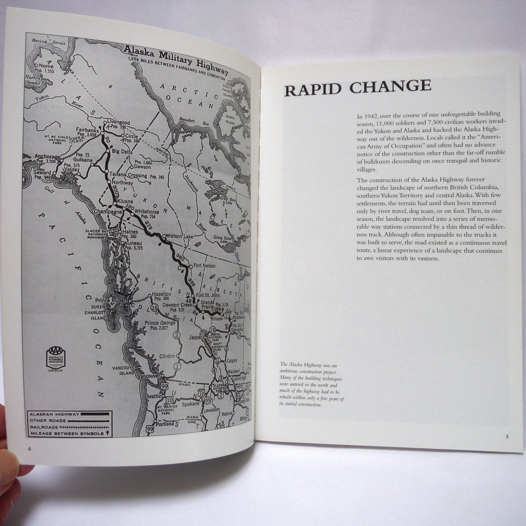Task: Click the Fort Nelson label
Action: pyautogui.click(x=204, y=266)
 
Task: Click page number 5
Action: pyautogui.click(x=507, y=437)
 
